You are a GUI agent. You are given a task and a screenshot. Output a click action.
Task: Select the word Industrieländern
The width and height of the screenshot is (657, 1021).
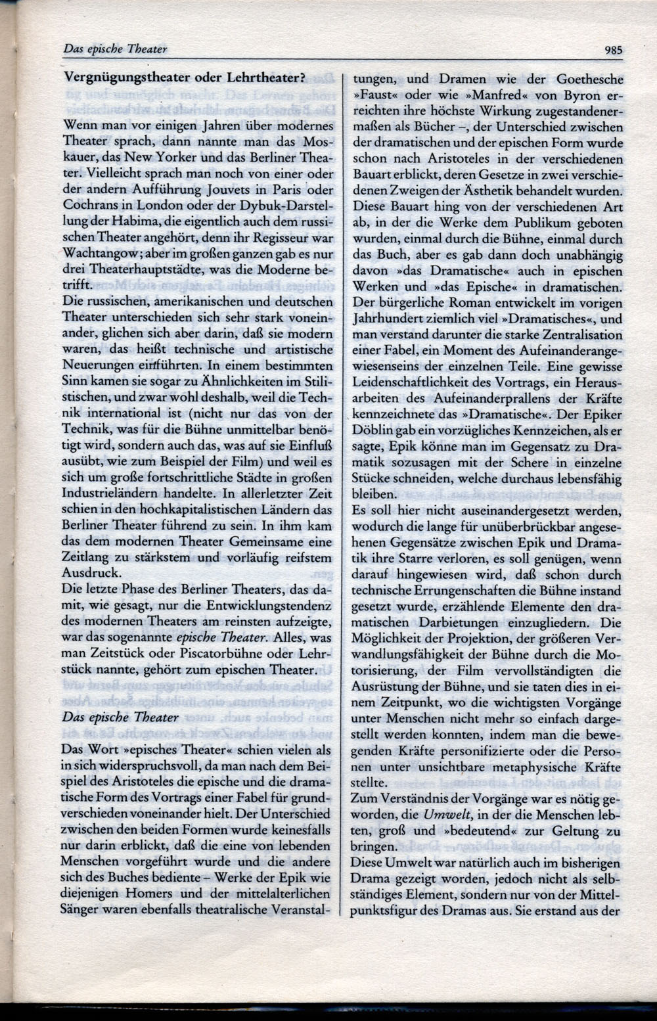point(106,493)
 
